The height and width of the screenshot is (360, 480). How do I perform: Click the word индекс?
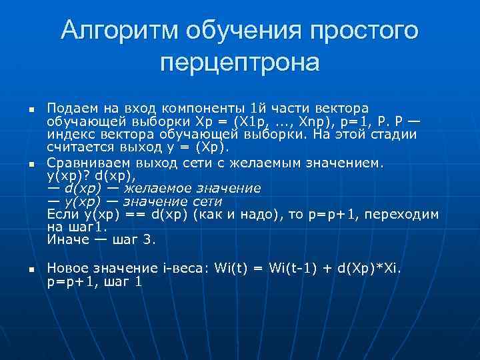click(x=68, y=135)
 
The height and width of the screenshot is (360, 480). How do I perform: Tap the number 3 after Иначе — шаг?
click(x=148, y=240)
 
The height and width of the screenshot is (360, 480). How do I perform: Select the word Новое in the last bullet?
click(x=67, y=268)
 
